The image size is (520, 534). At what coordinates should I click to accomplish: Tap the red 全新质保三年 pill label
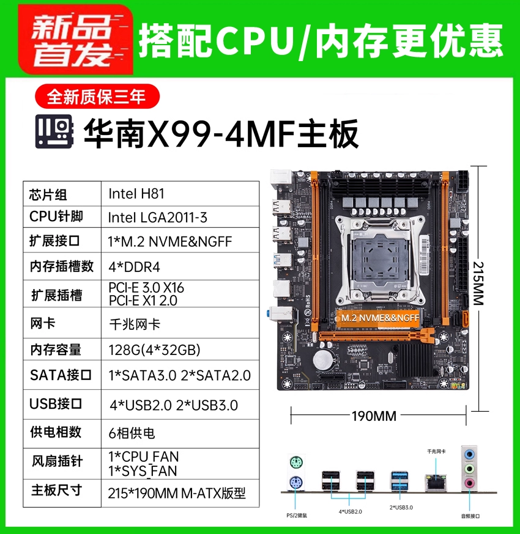(97, 97)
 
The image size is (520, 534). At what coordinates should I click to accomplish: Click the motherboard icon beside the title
(54, 131)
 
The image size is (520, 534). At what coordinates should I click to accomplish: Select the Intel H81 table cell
(180, 194)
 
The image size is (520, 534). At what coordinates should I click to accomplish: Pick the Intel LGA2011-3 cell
(180, 217)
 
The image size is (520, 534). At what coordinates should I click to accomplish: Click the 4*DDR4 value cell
(180, 266)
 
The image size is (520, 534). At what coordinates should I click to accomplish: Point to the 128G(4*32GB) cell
(180, 349)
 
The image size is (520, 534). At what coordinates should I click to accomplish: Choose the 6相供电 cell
(180, 433)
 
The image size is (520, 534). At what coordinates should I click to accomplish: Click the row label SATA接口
(61, 375)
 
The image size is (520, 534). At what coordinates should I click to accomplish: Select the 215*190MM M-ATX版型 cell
(180, 493)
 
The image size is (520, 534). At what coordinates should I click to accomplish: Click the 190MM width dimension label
(374, 416)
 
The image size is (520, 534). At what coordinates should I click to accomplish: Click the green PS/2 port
(296, 463)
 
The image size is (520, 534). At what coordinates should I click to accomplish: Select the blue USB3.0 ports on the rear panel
(399, 480)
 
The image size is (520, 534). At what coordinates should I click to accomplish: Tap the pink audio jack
(470, 483)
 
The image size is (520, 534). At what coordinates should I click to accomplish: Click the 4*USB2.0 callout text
(350, 511)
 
